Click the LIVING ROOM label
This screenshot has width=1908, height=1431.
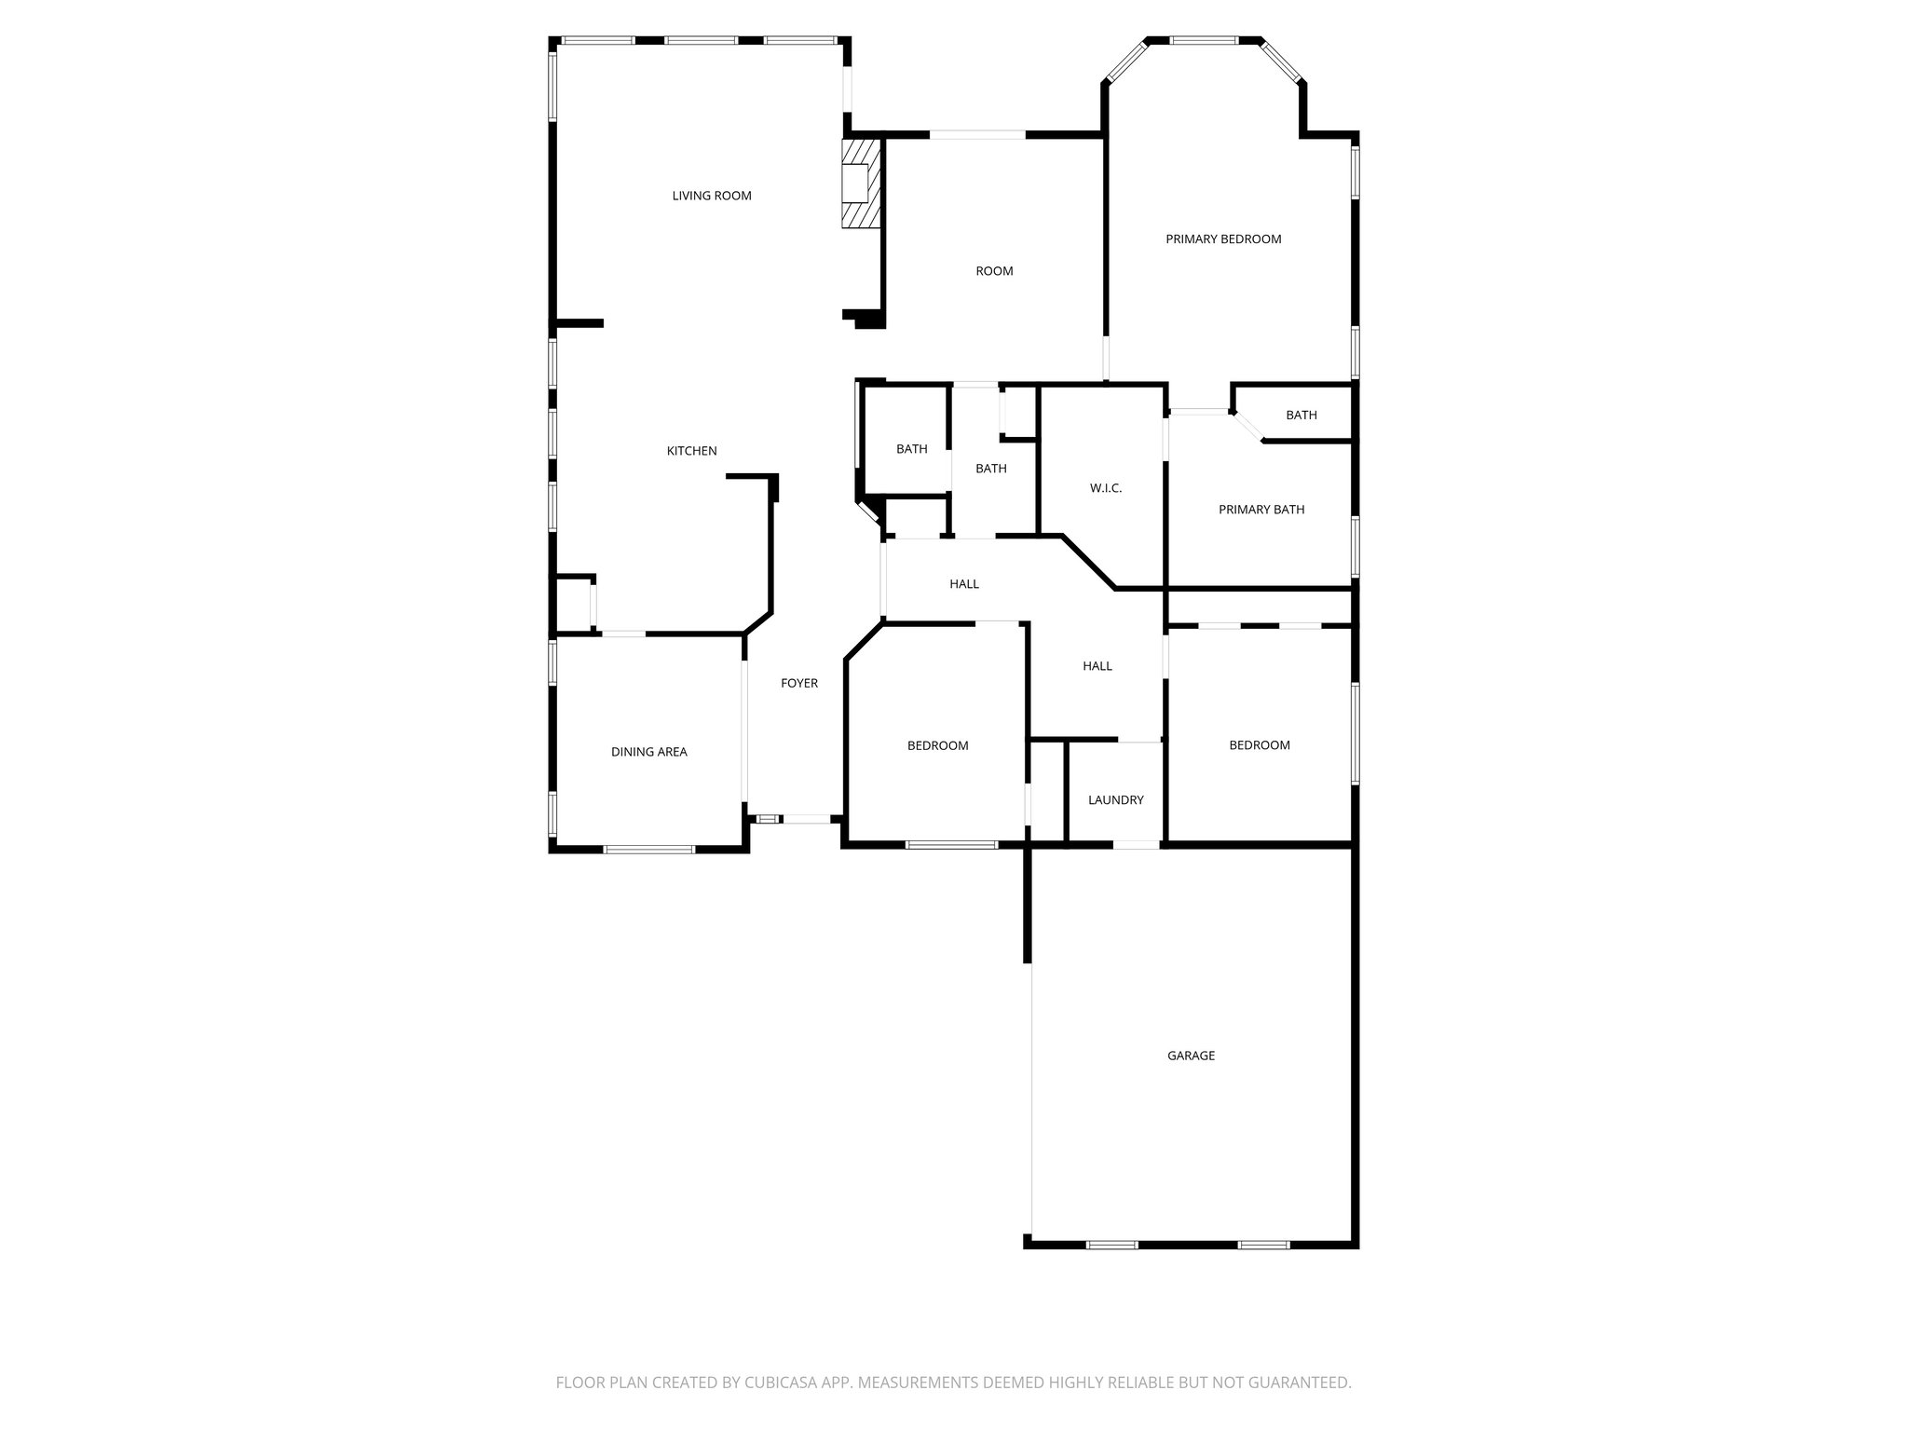712,196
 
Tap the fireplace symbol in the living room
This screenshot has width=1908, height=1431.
861,184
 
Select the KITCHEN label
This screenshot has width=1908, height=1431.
691,451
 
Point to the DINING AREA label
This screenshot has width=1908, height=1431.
648,752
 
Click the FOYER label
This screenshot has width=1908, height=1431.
798,683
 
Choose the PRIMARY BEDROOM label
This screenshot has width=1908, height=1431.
1223,239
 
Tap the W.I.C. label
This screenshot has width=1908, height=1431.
1105,488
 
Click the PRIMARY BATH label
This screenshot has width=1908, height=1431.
1261,510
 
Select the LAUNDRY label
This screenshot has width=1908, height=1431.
1115,800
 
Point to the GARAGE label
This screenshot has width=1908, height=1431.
1191,1056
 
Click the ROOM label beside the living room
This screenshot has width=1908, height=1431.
994,271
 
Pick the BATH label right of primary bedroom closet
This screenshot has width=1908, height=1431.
1301,416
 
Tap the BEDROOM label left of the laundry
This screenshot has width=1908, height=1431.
937,745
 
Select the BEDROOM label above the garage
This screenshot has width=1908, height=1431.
1259,745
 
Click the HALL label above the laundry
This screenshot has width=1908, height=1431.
1097,666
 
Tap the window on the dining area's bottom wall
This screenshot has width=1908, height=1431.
648,849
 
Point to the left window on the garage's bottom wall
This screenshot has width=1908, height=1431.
1111,1244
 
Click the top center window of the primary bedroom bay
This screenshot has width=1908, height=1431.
1203,41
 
